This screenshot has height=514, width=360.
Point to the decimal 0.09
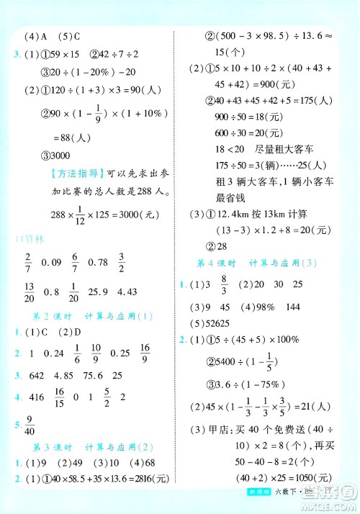point(54,261)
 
